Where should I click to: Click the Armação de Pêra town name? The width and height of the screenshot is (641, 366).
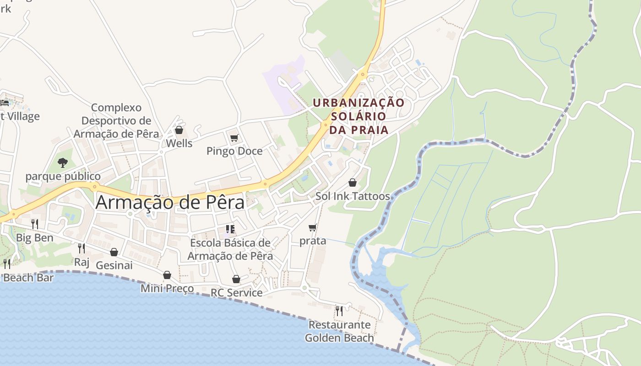[x=170, y=202]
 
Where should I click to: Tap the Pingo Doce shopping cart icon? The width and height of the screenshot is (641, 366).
[x=234, y=138]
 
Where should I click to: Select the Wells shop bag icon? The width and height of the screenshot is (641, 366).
[x=179, y=130]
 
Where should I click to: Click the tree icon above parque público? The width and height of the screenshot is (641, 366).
[x=63, y=162]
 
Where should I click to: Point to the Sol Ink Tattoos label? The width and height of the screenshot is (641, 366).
[x=353, y=196]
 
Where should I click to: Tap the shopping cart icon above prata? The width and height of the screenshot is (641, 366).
[x=313, y=227]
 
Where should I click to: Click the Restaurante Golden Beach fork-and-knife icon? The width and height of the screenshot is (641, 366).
[x=339, y=311]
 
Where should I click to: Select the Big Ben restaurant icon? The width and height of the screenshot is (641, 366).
[x=35, y=224]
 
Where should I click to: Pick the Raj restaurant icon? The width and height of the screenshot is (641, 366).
[x=81, y=248]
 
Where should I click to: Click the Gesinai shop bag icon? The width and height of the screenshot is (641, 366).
[x=114, y=252]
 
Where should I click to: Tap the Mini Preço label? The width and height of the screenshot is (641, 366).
[x=167, y=289]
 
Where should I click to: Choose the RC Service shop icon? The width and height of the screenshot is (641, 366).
[x=236, y=279]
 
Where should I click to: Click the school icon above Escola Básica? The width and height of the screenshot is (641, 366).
[x=230, y=229]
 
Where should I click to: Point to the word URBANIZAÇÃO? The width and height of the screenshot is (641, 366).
[x=359, y=103]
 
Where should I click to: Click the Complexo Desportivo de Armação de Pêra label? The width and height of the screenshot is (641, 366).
[x=116, y=121]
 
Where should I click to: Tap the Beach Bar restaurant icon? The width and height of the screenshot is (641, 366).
[x=7, y=264]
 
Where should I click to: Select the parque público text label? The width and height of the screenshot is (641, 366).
[x=63, y=176]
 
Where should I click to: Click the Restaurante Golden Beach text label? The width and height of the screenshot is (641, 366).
[x=339, y=332]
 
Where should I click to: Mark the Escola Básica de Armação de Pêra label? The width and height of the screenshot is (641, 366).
[x=230, y=249]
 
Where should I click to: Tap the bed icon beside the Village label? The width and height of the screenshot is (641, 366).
[x=5, y=103]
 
